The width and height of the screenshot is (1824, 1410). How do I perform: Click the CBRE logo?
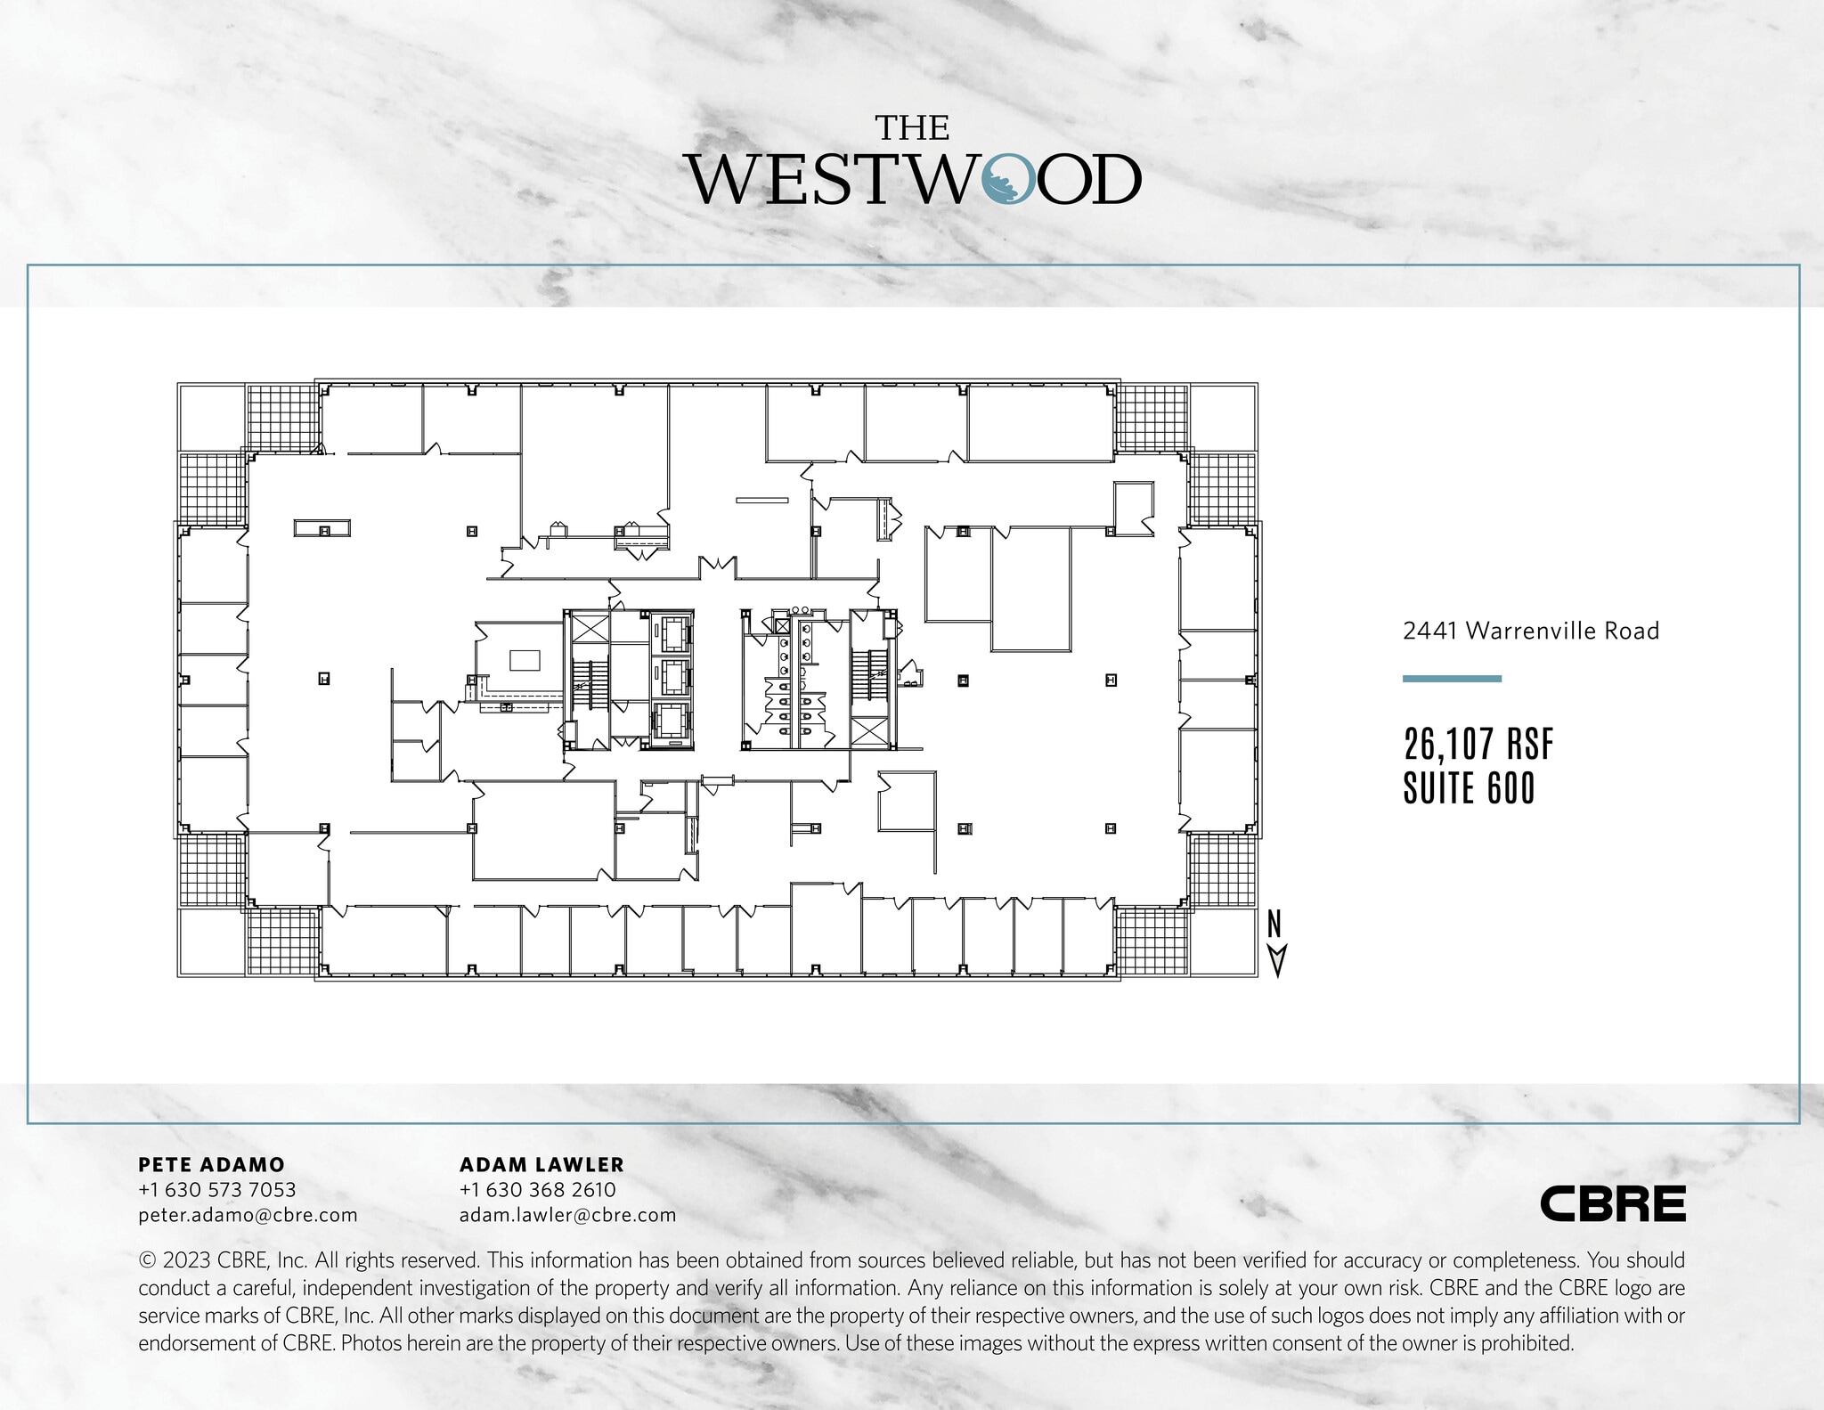coord(1613,1203)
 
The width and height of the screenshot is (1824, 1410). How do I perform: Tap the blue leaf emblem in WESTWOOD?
coord(1008,180)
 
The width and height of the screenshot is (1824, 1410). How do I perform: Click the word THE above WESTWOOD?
coord(912,129)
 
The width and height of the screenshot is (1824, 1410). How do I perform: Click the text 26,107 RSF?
coord(1478,745)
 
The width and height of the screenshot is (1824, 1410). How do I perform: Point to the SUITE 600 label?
coord(1470,788)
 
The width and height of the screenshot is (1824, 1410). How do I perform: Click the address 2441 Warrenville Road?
coord(1531,631)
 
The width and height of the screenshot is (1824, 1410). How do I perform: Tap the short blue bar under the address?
coord(1452,679)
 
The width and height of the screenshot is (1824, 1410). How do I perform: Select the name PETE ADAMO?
coord(212,1164)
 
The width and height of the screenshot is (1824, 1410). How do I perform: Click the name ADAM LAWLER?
coord(541,1164)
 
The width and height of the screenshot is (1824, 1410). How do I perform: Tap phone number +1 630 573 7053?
coord(217,1189)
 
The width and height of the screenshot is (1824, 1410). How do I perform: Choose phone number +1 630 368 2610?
coord(538,1189)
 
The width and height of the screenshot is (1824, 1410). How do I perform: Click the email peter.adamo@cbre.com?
coord(248,1215)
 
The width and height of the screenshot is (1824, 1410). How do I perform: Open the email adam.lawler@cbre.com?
coord(567,1215)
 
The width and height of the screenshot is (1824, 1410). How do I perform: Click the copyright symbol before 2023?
coord(147,1260)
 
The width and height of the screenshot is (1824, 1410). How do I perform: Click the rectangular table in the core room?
coord(525,660)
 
